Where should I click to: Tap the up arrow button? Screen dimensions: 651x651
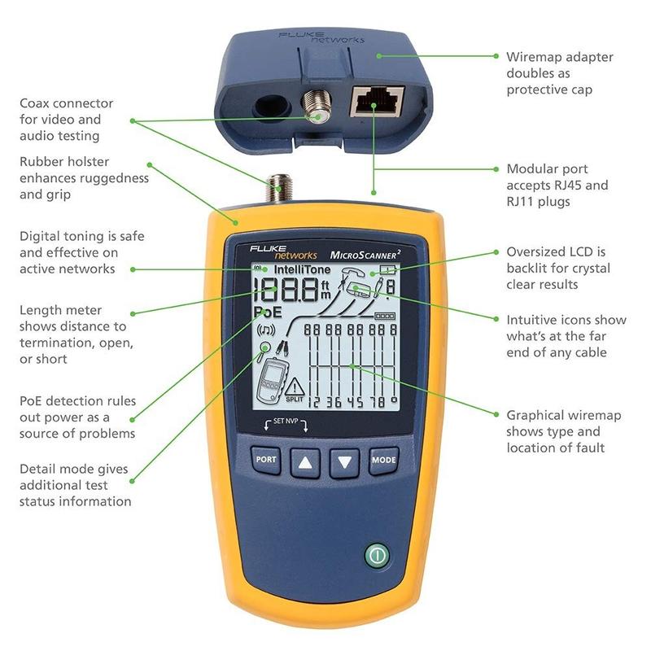(x=305, y=461)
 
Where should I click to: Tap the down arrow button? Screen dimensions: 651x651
(x=344, y=461)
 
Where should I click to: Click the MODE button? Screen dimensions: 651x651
(x=383, y=460)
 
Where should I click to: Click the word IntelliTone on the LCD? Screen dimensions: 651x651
(x=301, y=269)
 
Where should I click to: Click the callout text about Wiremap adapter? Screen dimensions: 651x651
(x=560, y=73)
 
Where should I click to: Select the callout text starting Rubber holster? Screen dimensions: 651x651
(x=84, y=177)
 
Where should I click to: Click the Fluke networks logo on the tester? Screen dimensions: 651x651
(x=273, y=249)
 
